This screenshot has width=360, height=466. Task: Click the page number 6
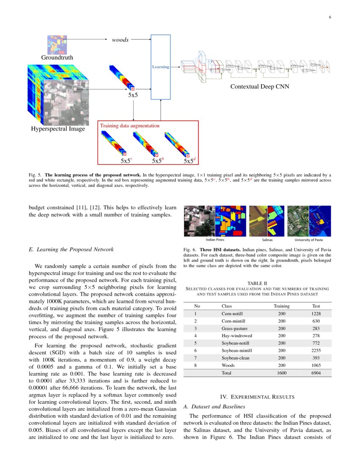pos(330,17)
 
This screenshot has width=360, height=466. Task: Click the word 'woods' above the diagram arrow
pos(120,40)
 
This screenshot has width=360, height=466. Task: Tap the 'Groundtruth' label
pos(57,57)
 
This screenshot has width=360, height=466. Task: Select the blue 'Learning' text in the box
pos(161,67)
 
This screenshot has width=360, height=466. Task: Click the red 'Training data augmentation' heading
pos(130,126)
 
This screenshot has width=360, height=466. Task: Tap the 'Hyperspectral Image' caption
pos(58,129)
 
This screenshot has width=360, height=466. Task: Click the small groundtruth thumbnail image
pos(57,44)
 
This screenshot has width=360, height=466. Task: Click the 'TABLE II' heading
pos(258,283)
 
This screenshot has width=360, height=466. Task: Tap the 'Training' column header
pos(282,306)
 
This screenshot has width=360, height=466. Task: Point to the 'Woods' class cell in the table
pos(227,365)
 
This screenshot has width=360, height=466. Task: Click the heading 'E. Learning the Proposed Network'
pos(71,250)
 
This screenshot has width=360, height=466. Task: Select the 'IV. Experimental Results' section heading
pos(258,397)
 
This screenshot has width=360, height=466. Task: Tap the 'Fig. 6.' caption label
pos(190,250)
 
